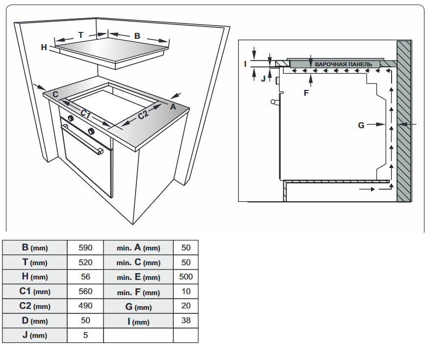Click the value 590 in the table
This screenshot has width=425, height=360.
85,248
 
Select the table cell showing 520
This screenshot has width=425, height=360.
85,262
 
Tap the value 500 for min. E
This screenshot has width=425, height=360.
186,277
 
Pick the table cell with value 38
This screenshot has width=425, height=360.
186,321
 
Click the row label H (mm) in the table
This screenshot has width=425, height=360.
35,277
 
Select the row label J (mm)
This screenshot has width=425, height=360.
35,336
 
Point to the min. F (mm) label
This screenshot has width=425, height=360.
138,292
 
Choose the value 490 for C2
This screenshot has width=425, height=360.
85,306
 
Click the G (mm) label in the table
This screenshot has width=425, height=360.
138,307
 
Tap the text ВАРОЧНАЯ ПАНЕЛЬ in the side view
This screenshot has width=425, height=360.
346,64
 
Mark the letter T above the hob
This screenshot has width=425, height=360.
81,35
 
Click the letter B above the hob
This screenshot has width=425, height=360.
137,36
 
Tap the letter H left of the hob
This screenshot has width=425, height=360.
44,47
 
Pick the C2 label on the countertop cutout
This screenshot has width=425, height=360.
143,115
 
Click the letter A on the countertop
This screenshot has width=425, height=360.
173,105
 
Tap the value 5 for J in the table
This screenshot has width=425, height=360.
85,336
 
